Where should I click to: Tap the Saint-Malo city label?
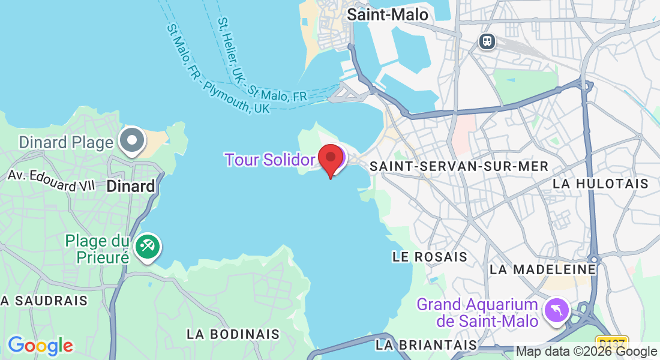388,14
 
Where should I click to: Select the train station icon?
487,41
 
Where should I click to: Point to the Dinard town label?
130,186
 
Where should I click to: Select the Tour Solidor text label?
269,160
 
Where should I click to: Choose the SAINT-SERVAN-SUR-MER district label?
459,166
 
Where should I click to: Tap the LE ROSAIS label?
430,257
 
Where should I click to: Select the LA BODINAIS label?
233,334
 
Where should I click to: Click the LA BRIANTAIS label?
427,345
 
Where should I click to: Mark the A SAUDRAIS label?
44,301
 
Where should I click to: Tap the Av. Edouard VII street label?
51,180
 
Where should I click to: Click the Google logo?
40,346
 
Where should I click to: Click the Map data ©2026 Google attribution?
586,352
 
